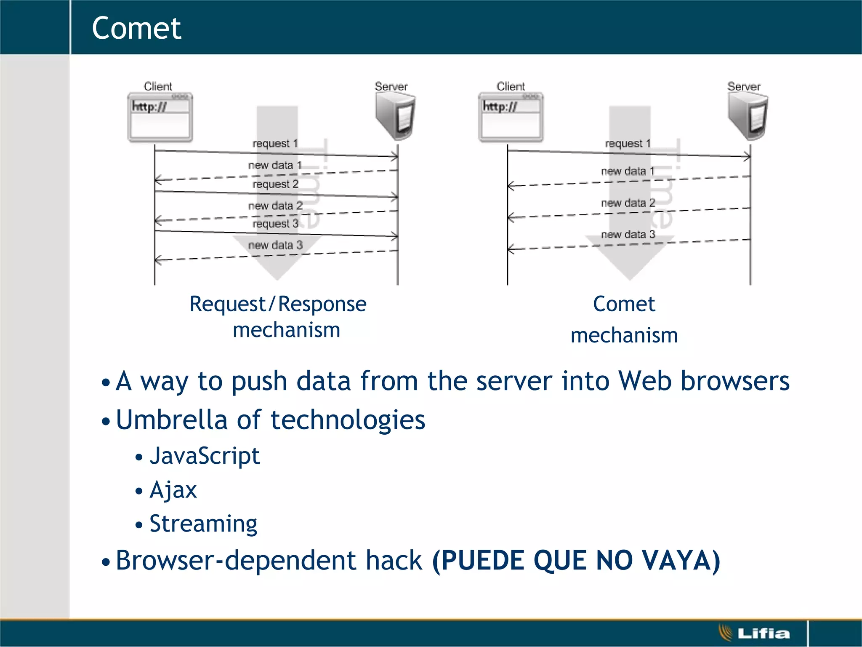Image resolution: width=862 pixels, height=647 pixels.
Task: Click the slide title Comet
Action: point(136,28)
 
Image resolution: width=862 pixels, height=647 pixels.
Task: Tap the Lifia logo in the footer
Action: point(754,633)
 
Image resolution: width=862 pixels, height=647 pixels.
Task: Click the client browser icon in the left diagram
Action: point(160,118)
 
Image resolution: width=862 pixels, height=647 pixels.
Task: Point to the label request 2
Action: point(275,184)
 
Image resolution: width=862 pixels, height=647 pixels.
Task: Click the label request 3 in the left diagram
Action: point(275,224)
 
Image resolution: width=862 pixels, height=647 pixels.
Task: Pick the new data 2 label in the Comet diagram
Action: point(628,203)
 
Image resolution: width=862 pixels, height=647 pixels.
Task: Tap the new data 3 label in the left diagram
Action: point(275,245)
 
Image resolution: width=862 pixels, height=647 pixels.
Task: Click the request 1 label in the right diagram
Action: point(628,144)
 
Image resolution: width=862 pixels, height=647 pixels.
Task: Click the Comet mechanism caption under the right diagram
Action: point(624,319)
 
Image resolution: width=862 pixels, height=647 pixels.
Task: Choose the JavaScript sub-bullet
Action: point(205,456)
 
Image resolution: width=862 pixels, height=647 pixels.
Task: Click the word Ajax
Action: point(173,490)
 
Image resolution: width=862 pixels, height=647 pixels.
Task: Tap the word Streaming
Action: point(203,524)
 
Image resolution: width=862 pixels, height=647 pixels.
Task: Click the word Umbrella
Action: point(172,420)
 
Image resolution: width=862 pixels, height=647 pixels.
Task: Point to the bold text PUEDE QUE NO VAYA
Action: point(576,561)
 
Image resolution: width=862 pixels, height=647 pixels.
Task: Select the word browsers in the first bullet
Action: point(735,381)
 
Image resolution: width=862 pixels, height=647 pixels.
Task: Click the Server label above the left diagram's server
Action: point(391,86)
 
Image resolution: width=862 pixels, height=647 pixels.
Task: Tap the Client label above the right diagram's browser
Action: point(511,86)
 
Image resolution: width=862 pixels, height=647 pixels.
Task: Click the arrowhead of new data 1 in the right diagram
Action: point(510,185)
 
